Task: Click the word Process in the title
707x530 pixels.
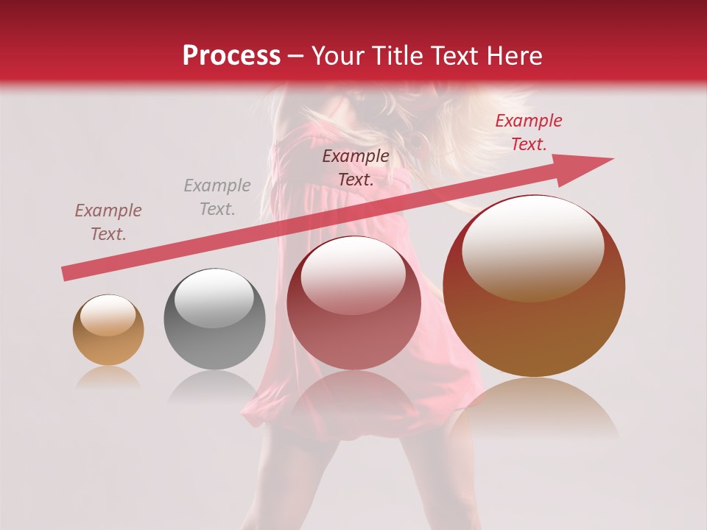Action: tap(231, 56)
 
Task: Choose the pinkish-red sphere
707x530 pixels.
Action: tap(353, 303)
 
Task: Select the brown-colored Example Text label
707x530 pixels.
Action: tap(108, 222)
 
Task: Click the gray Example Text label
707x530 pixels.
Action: tap(217, 197)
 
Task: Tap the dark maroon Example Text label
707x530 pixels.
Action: tap(356, 167)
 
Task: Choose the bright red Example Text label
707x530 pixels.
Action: tap(528, 132)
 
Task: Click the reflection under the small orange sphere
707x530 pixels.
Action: tap(108, 378)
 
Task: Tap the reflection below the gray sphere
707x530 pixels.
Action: tap(214, 386)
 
